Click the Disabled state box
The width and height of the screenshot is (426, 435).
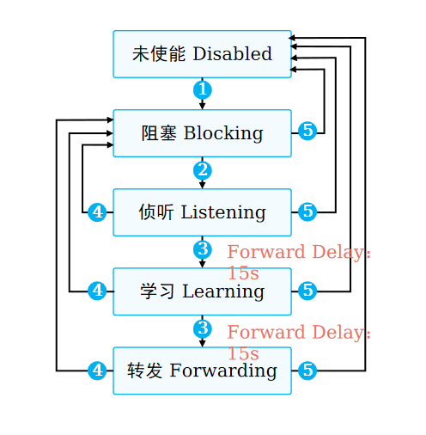pyautogui.click(x=202, y=54)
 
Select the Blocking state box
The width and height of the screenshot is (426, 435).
pyautogui.click(x=202, y=133)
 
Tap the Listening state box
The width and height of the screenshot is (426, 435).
pyautogui.click(x=202, y=212)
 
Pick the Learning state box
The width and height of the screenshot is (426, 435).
pyautogui.click(x=202, y=291)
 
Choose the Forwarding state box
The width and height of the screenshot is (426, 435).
pyautogui.click(x=202, y=371)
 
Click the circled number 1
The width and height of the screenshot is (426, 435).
pyautogui.click(x=203, y=90)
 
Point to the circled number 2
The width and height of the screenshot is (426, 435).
pyautogui.click(x=203, y=170)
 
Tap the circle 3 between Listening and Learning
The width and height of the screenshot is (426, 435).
pyautogui.click(x=203, y=249)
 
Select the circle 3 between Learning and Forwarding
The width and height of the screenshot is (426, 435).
pyautogui.click(x=203, y=328)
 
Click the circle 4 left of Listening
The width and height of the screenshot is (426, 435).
pyautogui.click(x=97, y=212)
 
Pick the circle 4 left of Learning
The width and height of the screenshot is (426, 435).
pyautogui.click(x=97, y=291)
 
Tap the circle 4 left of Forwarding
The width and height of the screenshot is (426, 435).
pyautogui.click(x=97, y=371)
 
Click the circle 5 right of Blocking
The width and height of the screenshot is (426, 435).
pyautogui.click(x=307, y=131)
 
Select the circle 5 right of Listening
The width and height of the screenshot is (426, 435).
pyautogui.click(x=307, y=211)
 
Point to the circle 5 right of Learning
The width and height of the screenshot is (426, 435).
pyautogui.click(x=307, y=291)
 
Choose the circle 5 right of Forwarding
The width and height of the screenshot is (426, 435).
pyautogui.click(x=307, y=371)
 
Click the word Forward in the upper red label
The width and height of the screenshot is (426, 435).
pyautogui.click(x=266, y=252)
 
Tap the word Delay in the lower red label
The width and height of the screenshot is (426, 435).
pyautogui.click(x=338, y=334)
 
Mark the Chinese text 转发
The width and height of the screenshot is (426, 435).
pyautogui.click(x=145, y=371)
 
